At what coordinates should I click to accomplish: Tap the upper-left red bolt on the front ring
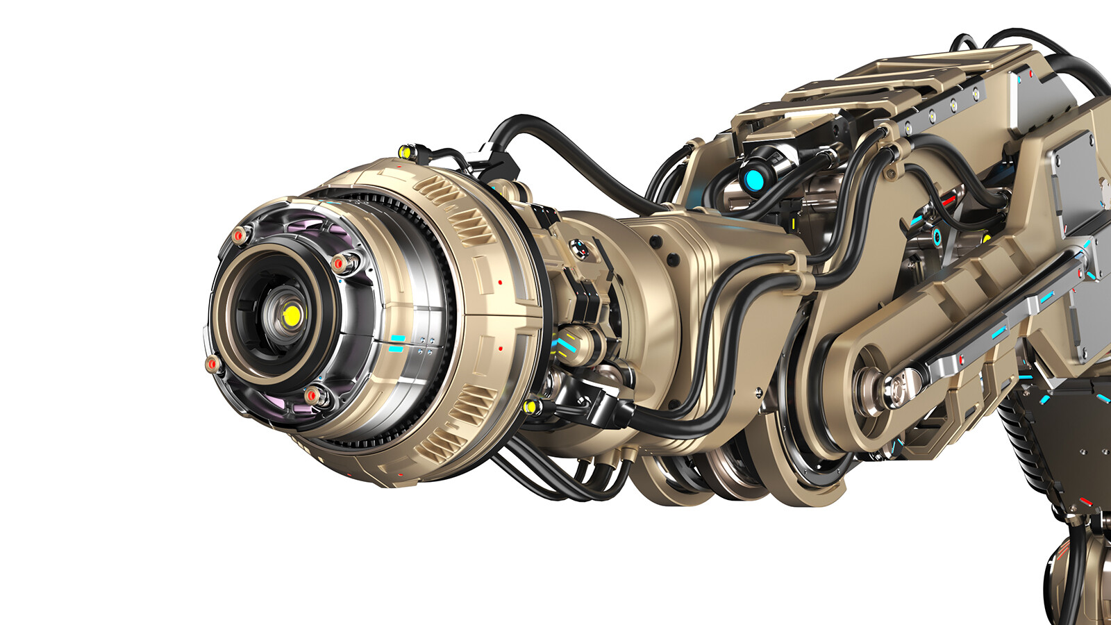(x=240, y=236)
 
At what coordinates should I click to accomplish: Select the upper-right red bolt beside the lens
(x=340, y=264)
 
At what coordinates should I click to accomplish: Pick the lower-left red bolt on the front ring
(x=212, y=364)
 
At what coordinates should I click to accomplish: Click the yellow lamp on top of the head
(x=405, y=151)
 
